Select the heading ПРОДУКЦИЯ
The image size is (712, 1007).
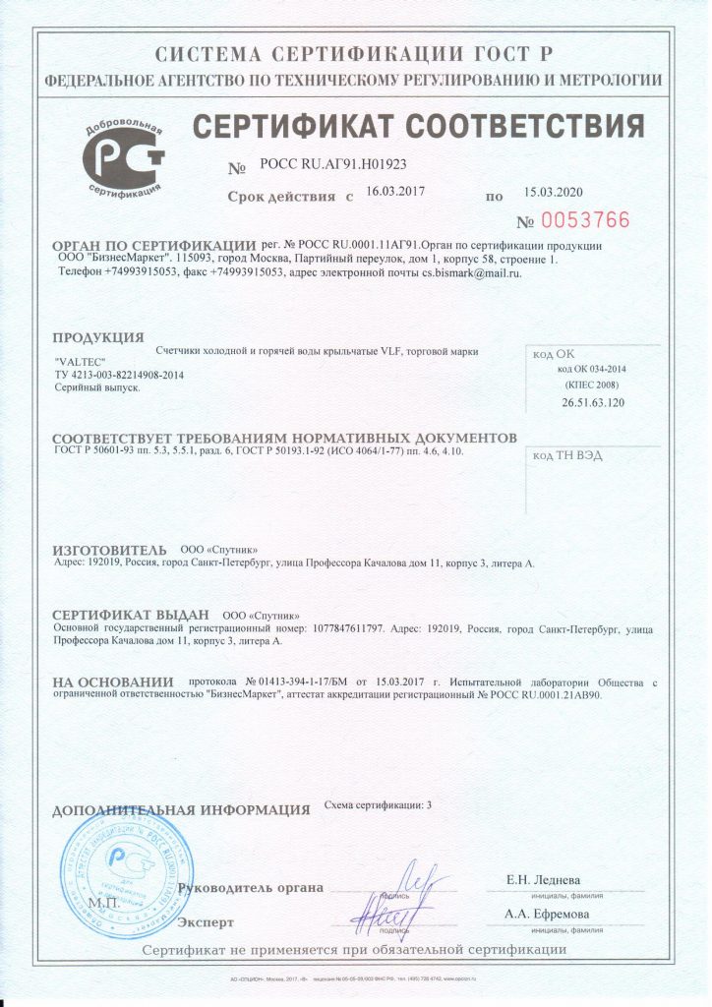(98, 339)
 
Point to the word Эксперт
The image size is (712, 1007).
(207, 922)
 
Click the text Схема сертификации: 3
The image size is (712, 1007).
(378, 804)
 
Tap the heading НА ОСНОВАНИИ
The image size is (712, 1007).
(111, 681)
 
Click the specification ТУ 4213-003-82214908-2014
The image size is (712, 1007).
(119, 375)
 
